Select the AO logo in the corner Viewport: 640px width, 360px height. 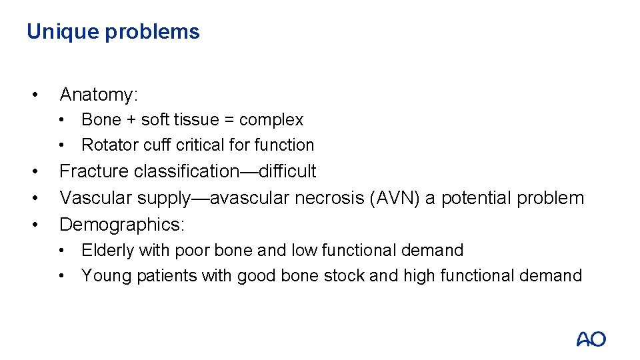[x=591, y=339]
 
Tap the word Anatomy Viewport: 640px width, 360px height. [x=98, y=95]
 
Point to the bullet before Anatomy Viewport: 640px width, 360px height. [x=34, y=95]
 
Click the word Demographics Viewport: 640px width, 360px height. [x=122, y=225]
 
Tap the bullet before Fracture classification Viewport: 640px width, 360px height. [x=34, y=171]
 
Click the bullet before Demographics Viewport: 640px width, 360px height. [x=34, y=225]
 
